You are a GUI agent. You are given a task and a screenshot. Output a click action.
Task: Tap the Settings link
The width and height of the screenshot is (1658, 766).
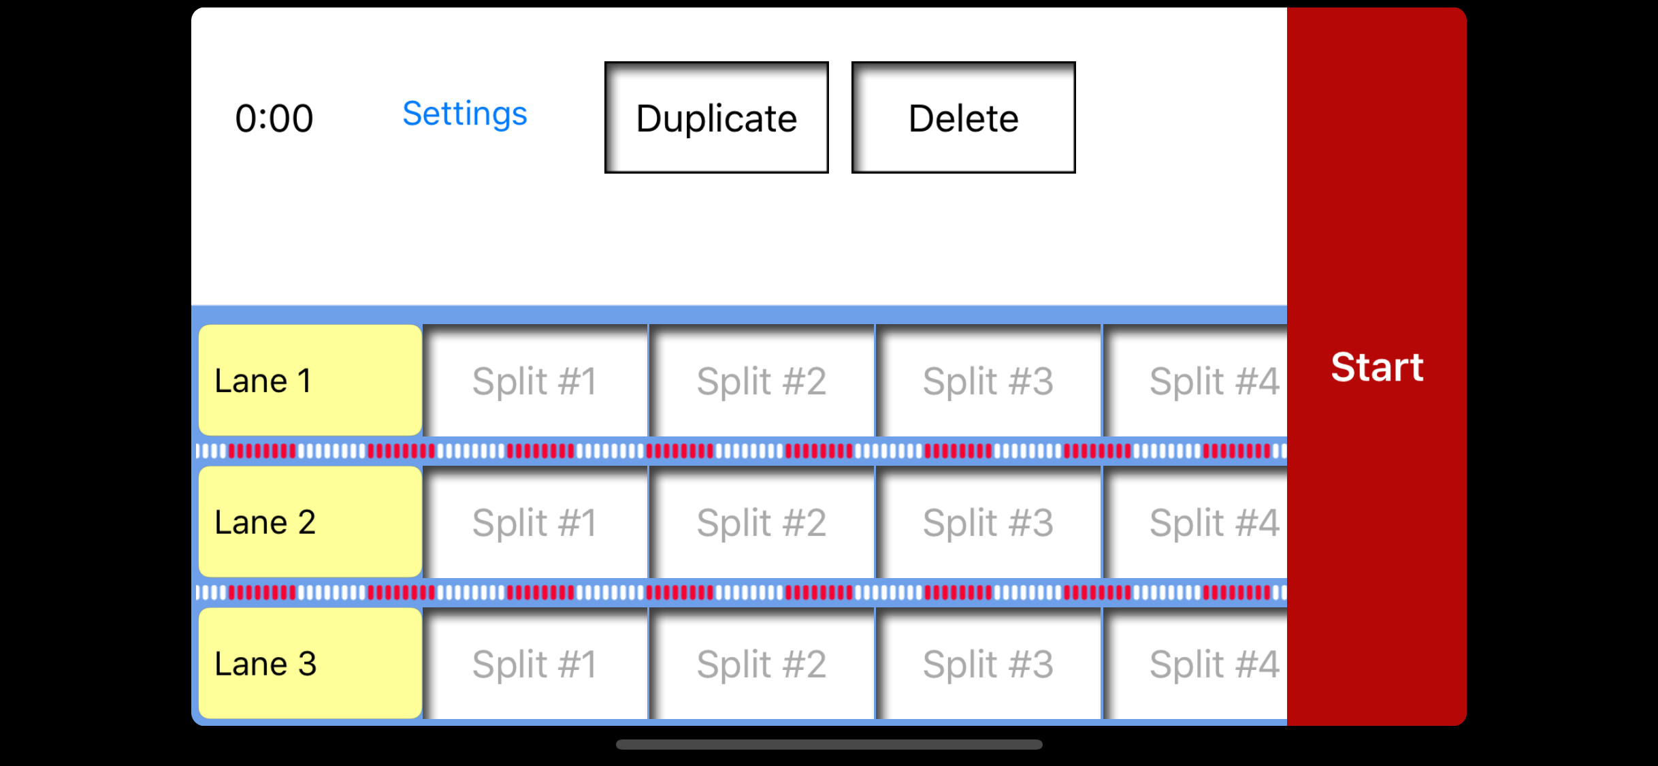465,114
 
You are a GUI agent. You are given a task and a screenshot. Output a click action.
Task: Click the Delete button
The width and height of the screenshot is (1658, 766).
963,118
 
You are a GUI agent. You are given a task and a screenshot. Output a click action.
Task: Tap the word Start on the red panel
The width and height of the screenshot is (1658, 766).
1377,367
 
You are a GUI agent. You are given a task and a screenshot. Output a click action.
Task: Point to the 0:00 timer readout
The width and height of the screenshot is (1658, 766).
274,118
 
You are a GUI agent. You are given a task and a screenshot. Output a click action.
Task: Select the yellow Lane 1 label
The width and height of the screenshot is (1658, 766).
310,380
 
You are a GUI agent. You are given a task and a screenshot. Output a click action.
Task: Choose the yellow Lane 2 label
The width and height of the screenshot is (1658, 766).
310,522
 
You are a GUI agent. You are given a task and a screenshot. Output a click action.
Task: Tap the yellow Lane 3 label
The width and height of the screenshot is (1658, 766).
310,663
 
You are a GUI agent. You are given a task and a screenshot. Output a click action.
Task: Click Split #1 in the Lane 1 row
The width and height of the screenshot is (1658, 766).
535,381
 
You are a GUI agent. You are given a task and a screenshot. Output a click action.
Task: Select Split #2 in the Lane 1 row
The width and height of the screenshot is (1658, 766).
762,381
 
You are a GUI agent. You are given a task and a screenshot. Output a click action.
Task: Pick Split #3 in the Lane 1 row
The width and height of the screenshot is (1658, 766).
988,381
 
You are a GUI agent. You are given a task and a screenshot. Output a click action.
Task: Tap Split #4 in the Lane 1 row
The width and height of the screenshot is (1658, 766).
1195,381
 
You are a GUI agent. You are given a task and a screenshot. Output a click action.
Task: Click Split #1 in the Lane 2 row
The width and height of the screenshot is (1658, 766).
535,522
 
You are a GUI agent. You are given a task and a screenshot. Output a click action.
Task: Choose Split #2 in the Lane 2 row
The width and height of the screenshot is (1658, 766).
762,522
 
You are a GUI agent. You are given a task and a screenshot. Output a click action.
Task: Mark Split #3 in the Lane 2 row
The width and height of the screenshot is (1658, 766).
988,522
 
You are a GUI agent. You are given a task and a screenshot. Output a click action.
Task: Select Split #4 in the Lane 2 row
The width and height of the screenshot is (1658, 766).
1195,522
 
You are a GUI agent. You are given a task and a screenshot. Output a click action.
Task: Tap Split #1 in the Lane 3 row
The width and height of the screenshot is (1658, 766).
535,664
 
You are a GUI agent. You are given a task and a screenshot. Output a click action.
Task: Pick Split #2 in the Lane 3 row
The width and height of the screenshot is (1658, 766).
762,664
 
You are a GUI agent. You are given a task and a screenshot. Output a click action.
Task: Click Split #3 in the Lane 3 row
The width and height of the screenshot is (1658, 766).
988,664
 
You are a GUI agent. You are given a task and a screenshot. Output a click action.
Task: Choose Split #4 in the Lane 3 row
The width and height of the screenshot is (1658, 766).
1195,664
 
